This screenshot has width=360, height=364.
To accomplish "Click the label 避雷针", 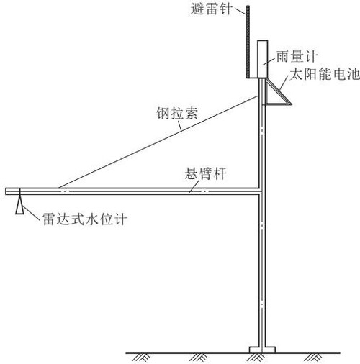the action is [212, 9].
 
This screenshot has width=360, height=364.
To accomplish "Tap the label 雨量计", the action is [297, 57].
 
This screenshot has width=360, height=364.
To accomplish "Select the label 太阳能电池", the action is [325, 74].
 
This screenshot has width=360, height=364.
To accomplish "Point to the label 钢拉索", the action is [177, 113].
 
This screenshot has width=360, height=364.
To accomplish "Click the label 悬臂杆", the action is [206, 173].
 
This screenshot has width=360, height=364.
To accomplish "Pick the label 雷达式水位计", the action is [84, 219].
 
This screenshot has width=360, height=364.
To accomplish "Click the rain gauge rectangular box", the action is [263, 59].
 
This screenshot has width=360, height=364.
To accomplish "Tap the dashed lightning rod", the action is [248, 42].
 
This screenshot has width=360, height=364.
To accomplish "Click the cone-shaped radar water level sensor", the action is [19, 204].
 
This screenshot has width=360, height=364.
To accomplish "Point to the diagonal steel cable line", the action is [158, 142].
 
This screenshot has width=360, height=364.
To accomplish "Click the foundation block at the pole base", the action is [262, 350].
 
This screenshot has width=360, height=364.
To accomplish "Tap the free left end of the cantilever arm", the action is [6, 191].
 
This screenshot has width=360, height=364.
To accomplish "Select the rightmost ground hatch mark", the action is [313, 358].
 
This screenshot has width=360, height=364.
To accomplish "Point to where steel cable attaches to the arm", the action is [58, 188].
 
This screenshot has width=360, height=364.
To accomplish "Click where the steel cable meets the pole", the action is [258, 96].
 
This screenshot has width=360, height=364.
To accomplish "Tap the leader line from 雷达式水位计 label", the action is [31, 213].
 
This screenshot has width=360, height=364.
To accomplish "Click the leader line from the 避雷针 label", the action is [240, 12].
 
